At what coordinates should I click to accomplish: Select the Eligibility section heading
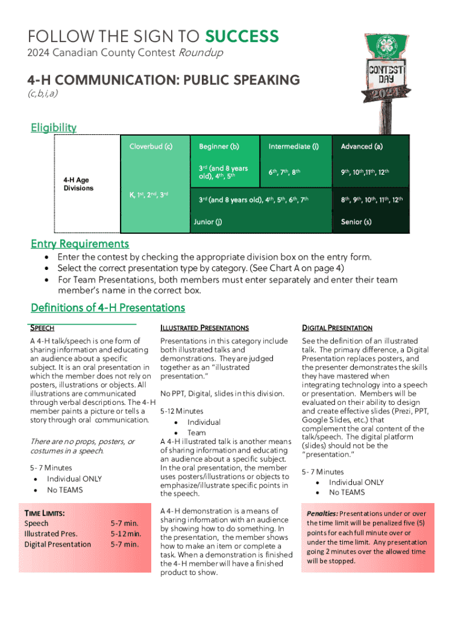[54, 127]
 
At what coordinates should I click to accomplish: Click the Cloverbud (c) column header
[151, 146]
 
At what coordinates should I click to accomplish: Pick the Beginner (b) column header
[219, 146]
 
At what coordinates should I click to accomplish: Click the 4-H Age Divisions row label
[78, 184]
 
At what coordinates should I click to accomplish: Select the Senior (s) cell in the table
[356, 222]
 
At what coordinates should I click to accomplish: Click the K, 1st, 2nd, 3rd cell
[149, 195]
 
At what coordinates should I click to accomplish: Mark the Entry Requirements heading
[80, 243]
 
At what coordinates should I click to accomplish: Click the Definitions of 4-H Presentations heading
[108, 307]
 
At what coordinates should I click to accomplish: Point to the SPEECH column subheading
[42, 328]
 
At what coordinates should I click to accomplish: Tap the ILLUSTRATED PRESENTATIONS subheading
[204, 328]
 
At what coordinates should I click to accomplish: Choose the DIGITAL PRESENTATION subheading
[337, 328]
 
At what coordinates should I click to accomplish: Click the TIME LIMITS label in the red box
[45, 513]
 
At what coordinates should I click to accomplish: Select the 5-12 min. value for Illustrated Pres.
[125, 534]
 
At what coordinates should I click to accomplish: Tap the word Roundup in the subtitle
[200, 53]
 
